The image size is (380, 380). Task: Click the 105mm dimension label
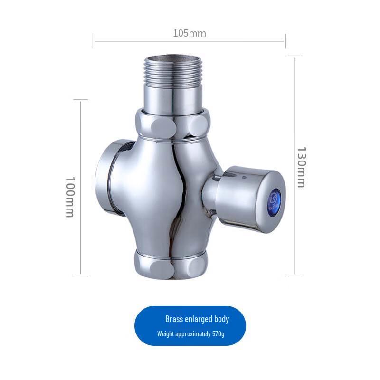[x=189, y=33]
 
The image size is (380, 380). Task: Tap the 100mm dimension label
[x=69, y=197]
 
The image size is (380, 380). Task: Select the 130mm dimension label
[x=301, y=167]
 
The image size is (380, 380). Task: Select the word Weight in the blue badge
[x=166, y=334]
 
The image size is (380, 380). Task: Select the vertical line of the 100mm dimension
[x=81, y=142]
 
